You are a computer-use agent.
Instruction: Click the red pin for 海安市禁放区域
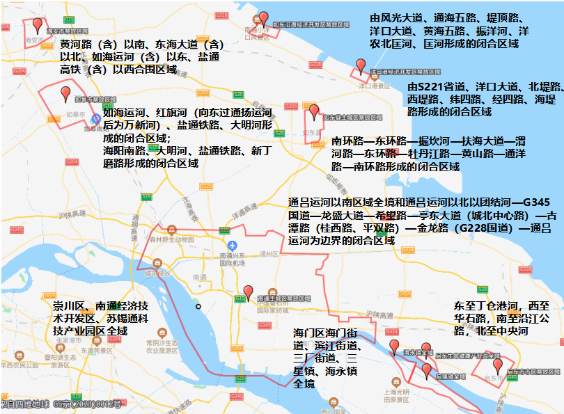(38, 26)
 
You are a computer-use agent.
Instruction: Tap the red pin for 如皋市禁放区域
(65, 93)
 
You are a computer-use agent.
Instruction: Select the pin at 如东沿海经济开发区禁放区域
(263, 17)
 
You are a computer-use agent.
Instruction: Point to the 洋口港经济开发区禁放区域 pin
(360, 65)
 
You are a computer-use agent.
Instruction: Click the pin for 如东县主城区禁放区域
(314, 111)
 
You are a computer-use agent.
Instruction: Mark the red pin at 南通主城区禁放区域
(249, 292)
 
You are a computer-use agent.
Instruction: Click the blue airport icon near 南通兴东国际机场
(233, 246)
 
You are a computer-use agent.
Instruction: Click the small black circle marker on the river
(198, 306)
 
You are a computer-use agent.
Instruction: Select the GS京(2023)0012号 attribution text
(88, 404)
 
